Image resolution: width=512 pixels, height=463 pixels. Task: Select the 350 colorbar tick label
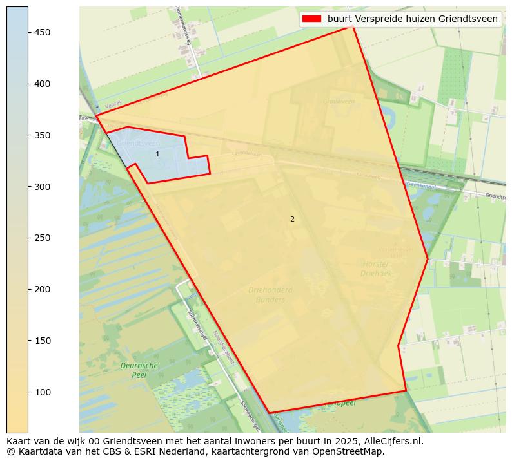42,135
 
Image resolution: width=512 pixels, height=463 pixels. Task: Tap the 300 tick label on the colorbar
42,187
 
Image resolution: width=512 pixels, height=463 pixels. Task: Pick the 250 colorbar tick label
42,238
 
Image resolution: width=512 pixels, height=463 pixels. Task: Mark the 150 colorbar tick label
42,341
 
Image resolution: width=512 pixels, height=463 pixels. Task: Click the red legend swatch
313,19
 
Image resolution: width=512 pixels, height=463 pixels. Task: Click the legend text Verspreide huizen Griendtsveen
413,19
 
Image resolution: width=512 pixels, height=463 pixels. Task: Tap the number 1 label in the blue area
157,155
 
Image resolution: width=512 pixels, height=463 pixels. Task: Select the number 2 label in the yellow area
292,220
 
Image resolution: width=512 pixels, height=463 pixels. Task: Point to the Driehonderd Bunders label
270,294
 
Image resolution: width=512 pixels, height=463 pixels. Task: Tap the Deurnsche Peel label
139,370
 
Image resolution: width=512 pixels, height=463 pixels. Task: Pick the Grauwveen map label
339,101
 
